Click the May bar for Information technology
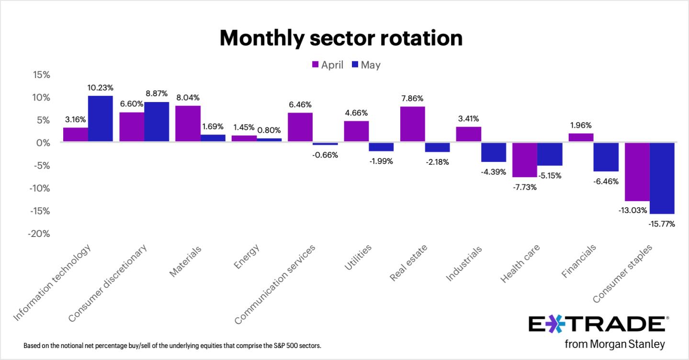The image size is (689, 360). (100, 119)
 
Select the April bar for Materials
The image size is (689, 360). (188, 124)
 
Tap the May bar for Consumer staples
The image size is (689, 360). (662, 178)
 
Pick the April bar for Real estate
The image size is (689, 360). (412, 124)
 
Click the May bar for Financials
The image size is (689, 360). (606, 157)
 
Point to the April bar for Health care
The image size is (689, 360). (525, 160)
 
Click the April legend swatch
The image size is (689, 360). (315, 64)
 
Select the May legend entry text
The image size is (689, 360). (371, 65)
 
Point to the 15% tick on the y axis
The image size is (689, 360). (42, 75)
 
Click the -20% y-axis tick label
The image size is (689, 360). (39, 234)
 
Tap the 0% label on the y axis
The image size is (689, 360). (43, 143)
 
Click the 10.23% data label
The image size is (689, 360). (100, 88)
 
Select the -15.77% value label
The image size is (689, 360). (662, 224)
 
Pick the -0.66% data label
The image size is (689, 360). (325, 155)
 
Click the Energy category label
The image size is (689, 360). (247, 257)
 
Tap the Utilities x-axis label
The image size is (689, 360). (358, 258)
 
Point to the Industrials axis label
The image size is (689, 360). (464, 263)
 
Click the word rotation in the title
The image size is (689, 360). (422, 38)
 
